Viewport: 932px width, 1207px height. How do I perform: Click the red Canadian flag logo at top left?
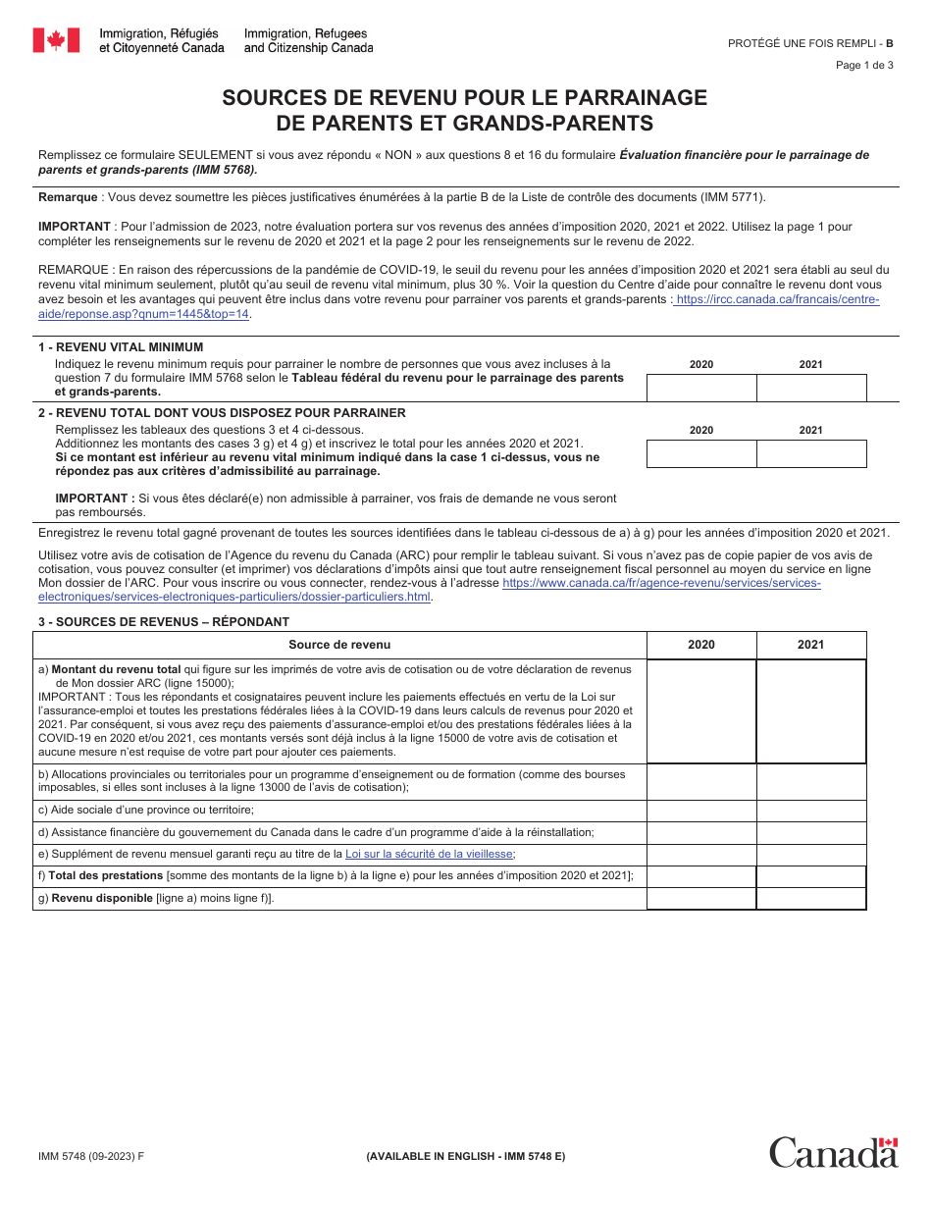[56, 40]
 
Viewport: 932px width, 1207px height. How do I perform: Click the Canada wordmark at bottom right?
[833, 1152]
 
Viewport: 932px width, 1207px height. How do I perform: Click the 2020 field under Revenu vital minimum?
[701, 389]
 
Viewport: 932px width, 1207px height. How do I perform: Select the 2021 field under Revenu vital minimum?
[811, 389]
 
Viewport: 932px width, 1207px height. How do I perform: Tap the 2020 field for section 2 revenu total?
[701, 453]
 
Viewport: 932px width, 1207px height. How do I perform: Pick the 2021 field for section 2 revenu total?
[811, 453]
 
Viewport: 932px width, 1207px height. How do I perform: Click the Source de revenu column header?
[339, 645]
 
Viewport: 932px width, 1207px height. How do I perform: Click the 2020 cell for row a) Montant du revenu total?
[701, 711]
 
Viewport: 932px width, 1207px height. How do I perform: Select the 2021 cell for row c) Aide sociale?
[811, 810]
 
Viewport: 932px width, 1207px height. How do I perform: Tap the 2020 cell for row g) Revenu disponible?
[701, 898]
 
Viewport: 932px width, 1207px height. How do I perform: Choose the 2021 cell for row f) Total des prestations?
[811, 876]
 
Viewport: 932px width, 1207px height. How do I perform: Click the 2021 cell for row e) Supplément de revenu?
[811, 855]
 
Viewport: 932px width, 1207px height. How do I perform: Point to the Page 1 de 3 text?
[864, 66]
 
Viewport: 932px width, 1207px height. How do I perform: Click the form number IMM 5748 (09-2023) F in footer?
[91, 1156]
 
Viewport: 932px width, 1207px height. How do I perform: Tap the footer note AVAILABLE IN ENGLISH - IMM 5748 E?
[465, 1156]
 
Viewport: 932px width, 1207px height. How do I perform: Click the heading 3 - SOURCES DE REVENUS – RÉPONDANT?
[164, 621]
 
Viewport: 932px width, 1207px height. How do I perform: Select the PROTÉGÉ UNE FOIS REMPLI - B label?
[810, 43]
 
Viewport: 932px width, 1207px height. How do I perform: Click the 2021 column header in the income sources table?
[811, 645]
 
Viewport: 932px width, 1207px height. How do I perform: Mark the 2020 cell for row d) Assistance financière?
[701, 832]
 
